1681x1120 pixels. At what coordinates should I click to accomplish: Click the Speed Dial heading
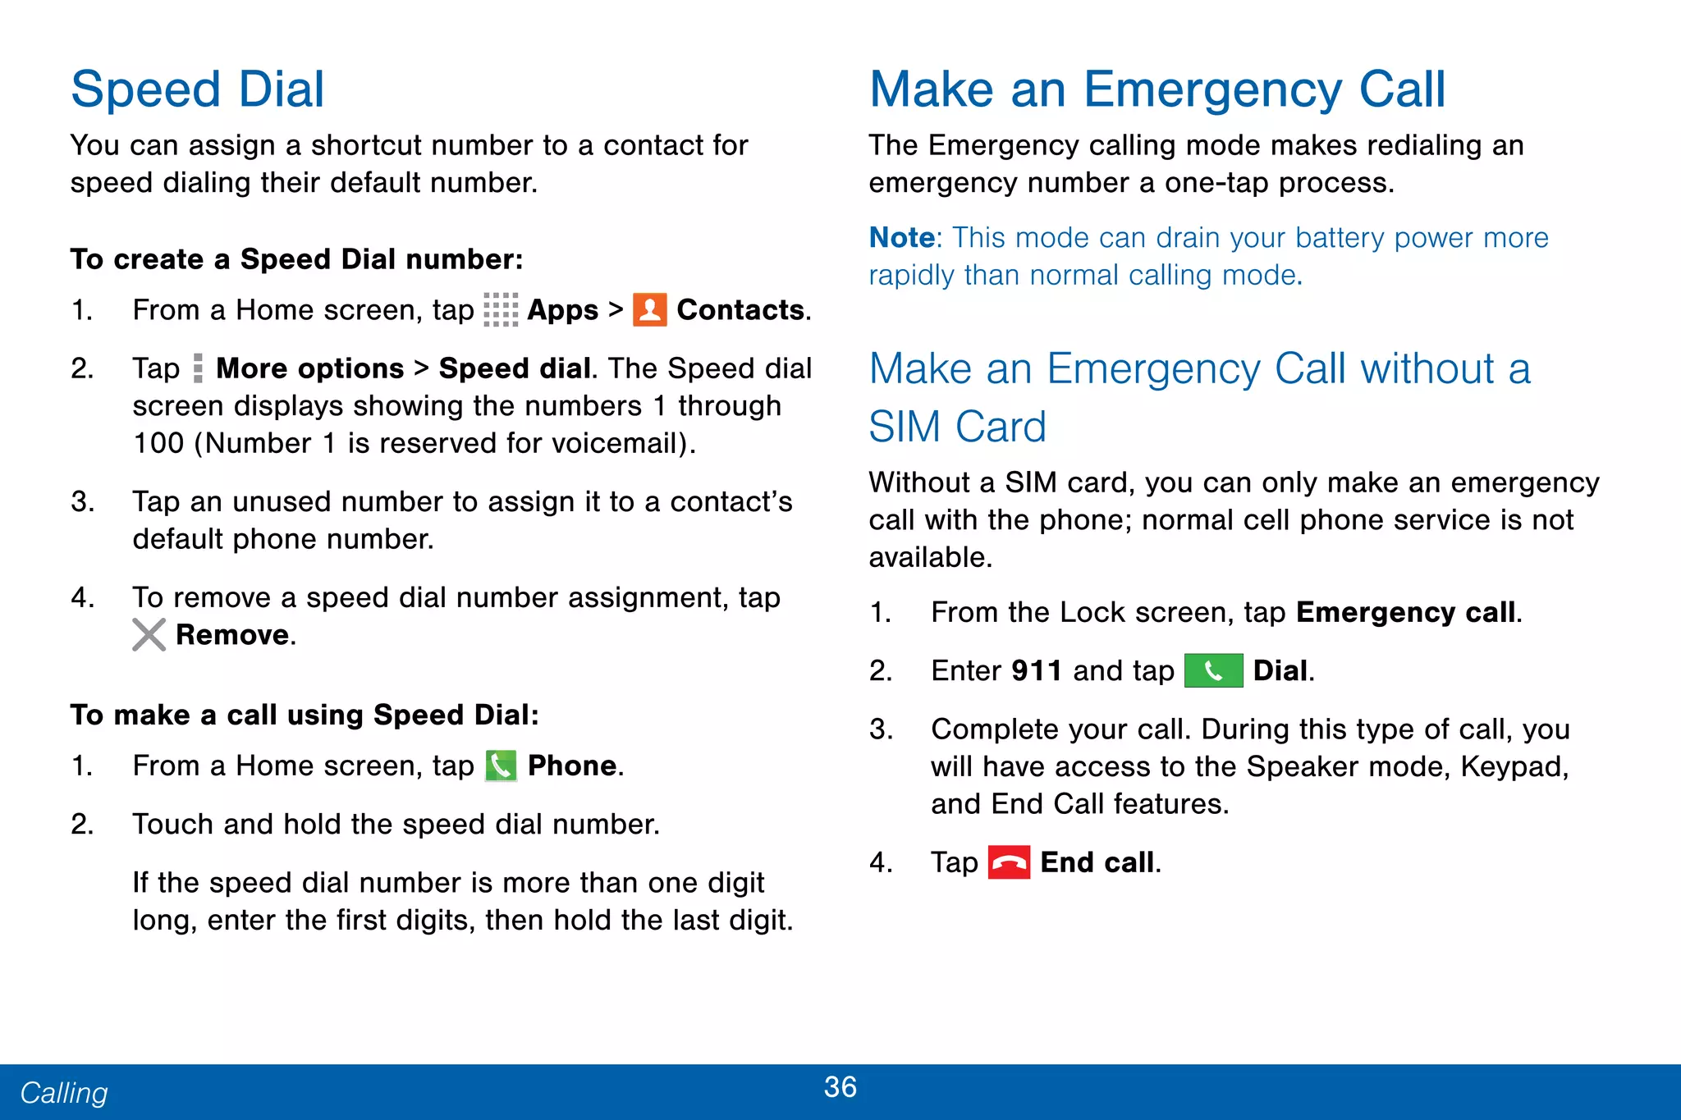[x=198, y=89]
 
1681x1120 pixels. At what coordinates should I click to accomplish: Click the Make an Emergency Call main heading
[x=1157, y=89]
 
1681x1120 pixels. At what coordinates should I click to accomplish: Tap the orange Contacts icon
[x=649, y=310]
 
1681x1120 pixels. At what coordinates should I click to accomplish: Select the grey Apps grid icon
[x=501, y=310]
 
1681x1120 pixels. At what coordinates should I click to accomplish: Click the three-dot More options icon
[x=198, y=368]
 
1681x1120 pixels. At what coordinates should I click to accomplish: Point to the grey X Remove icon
[x=149, y=634]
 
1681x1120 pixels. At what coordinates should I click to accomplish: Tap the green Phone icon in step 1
[x=501, y=766]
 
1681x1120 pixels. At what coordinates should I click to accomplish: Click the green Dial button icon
[x=1213, y=671]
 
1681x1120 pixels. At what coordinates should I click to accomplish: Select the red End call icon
[x=1008, y=862]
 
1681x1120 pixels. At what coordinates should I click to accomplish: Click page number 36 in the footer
[x=840, y=1087]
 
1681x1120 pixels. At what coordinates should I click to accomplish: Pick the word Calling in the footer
[x=64, y=1093]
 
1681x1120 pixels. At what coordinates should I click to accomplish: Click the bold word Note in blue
[x=901, y=238]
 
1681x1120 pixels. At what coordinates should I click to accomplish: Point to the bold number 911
[x=1037, y=671]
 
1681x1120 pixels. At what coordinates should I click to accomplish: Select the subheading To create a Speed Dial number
[x=296, y=259]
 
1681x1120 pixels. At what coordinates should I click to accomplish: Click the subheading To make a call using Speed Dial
[x=305, y=715]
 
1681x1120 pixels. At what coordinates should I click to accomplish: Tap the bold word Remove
[x=233, y=635]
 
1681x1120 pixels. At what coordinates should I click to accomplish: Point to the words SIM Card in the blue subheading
[x=957, y=427]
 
